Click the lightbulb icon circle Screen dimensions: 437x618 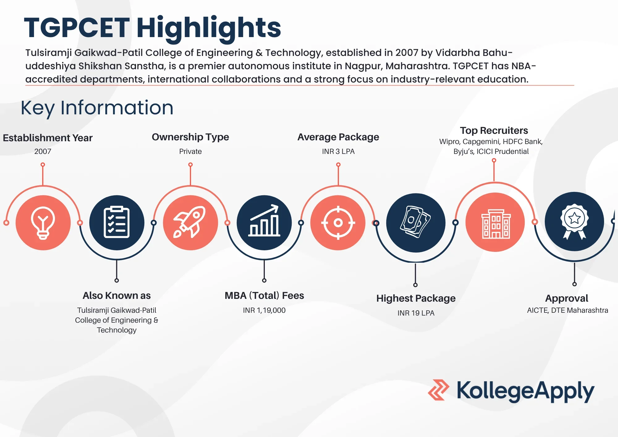pos(43,223)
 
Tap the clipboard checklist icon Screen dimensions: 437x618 pos(116,223)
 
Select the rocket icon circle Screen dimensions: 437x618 pos(190,223)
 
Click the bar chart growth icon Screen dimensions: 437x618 pos(264,223)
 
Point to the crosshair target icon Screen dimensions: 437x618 pos(338,223)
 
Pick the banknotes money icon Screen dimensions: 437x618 pos(416,223)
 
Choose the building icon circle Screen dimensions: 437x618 pos(495,223)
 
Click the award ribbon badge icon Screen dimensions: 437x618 pos(574,222)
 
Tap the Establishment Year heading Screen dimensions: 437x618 pos(48,138)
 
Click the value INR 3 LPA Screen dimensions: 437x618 pos(338,151)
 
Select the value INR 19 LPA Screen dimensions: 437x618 pos(416,313)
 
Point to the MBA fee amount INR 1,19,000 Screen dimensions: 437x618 pos(264,310)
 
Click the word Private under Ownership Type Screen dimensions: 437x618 pos(190,151)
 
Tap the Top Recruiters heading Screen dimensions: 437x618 pos(494,130)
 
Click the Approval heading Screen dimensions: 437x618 pos(566,298)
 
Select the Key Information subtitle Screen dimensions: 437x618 pos(97,108)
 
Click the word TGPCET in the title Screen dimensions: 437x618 pos(77,28)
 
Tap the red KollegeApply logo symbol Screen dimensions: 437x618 pos(438,390)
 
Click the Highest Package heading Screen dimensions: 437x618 pos(416,298)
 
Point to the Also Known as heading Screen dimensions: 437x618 pos(116,295)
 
